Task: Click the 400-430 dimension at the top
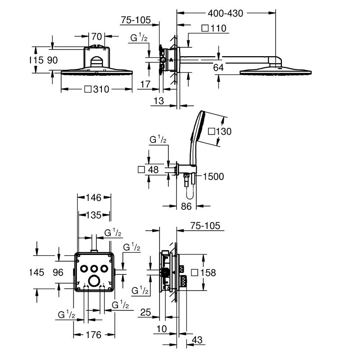225,13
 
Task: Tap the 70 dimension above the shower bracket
96,36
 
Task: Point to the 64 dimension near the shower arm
218,68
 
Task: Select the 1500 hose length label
213,176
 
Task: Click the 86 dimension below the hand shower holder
186,206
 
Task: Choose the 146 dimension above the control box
94,197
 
